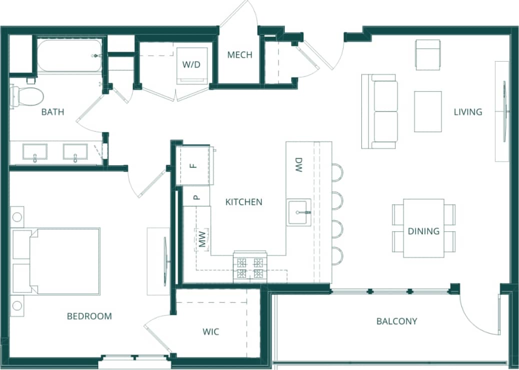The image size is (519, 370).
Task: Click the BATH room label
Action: [53, 112]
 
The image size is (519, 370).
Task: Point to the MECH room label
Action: [240, 55]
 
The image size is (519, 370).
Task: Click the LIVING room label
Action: [468, 112]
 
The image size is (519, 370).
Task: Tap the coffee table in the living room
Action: [428, 111]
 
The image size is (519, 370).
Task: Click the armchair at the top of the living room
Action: [428, 55]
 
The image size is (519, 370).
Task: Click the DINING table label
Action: [423, 231]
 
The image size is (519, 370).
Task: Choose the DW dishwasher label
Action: [298, 165]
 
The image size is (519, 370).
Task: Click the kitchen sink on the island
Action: [299, 212]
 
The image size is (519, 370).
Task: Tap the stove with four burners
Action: [250, 267]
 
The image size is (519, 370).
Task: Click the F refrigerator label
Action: [195, 166]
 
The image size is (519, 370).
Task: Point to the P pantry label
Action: [196, 197]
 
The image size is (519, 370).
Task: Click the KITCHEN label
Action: [244, 202]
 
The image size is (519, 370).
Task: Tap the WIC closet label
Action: [211, 331]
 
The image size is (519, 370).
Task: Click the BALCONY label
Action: [397, 321]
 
